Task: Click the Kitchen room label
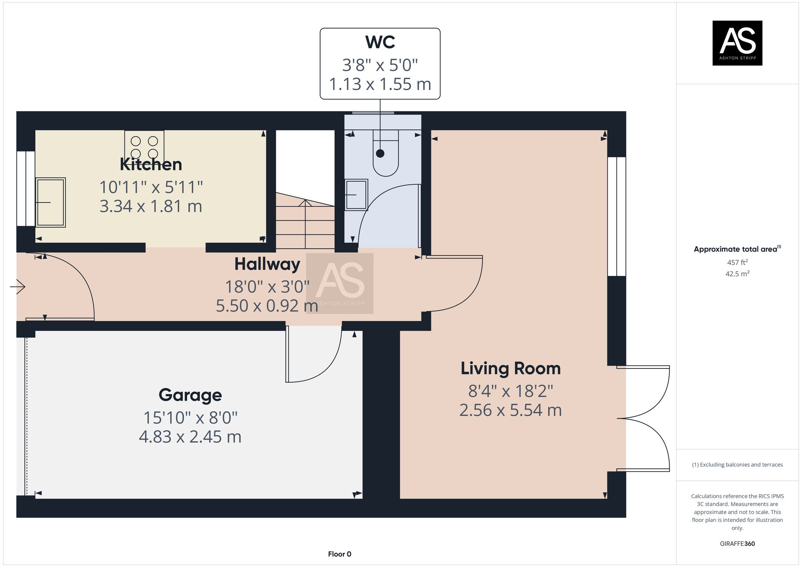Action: [x=151, y=164]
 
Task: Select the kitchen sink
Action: [x=50, y=202]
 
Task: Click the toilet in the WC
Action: [x=385, y=154]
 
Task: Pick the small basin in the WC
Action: [x=356, y=195]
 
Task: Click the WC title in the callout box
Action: [x=380, y=42]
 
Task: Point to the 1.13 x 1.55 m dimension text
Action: [x=380, y=84]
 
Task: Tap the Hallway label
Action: [x=267, y=264]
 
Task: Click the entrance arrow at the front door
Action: [x=18, y=286]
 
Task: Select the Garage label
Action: [x=190, y=395]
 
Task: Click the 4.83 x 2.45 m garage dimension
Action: [x=190, y=437]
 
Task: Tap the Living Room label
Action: [x=510, y=369]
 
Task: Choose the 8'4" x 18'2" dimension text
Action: [x=510, y=391]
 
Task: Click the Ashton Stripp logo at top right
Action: [x=737, y=43]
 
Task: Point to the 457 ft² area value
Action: [x=737, y=262]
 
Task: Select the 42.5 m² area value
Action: [x=737, y=274]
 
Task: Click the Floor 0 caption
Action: [x=339, y=554]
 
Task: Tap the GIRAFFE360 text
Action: [x=737, y=544]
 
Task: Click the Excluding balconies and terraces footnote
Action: [x=737, y=465]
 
